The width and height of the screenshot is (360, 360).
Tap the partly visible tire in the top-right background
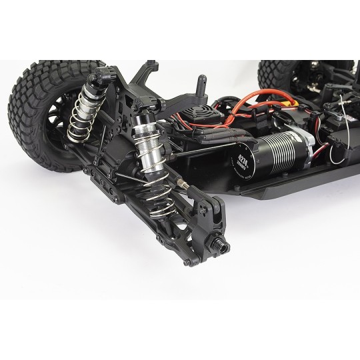(273, 73)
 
